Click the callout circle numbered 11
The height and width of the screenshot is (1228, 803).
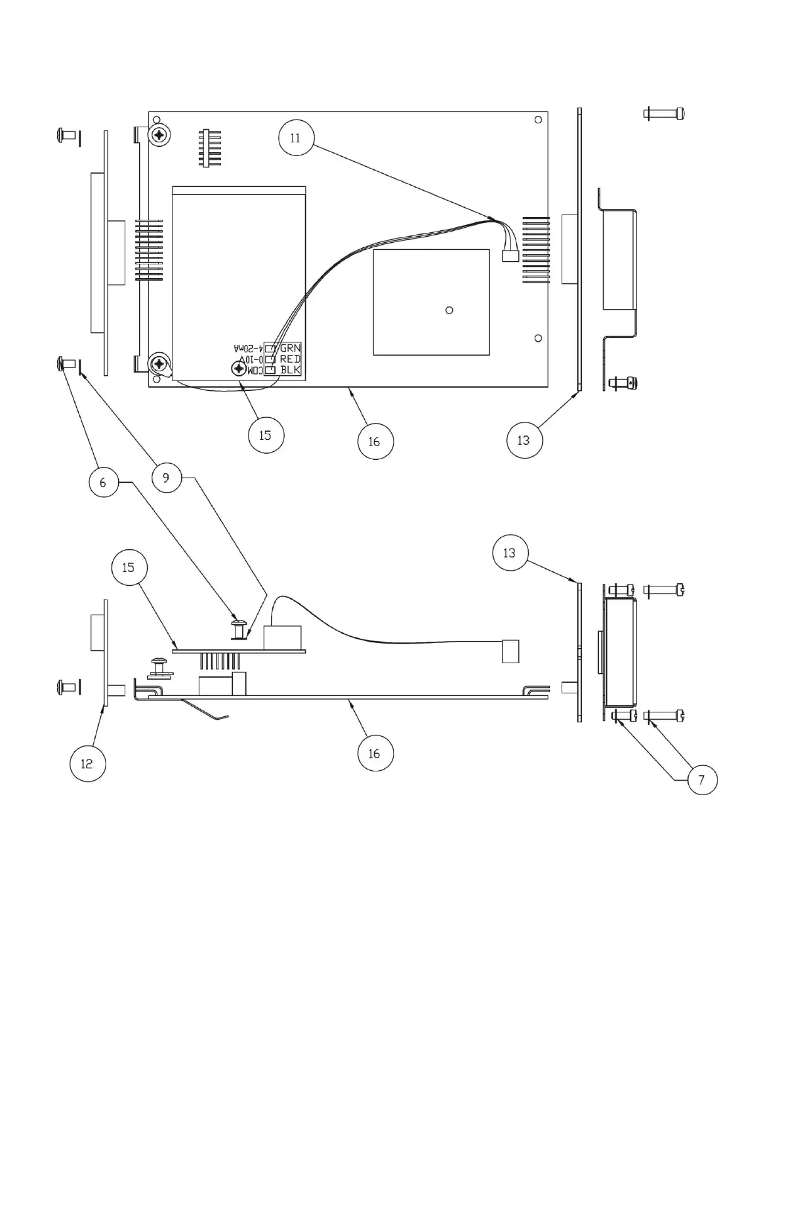[x=296, y=138]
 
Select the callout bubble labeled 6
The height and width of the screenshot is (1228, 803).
[x=103, y=483]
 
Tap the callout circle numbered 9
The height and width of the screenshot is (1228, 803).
[x=166, y=478]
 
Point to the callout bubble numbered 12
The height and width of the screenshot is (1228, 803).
[x=87, y=764]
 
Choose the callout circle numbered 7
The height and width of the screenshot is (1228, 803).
[x=702, y=780]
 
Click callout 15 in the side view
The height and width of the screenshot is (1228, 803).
[x=129, y=567]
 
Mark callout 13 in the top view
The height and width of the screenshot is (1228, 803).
[x=524, y=440]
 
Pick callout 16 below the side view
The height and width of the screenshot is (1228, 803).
[x=375, y=754]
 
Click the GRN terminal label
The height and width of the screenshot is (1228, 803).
[x=290, y=348]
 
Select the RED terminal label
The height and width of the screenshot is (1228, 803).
[x=290, y=359]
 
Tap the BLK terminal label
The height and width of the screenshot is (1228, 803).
[x=290, y=370]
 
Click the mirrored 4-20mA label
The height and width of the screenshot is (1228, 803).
[x=248, y=348]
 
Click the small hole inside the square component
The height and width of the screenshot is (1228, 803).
[x=449, y=310]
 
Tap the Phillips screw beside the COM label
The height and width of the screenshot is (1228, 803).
[x=237, y=370]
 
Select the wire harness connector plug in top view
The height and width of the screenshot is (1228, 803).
[x=510, y=257]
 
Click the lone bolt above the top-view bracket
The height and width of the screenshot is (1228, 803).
[x=663, y=113]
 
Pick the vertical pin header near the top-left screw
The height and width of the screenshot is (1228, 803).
[x=210, y=149]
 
